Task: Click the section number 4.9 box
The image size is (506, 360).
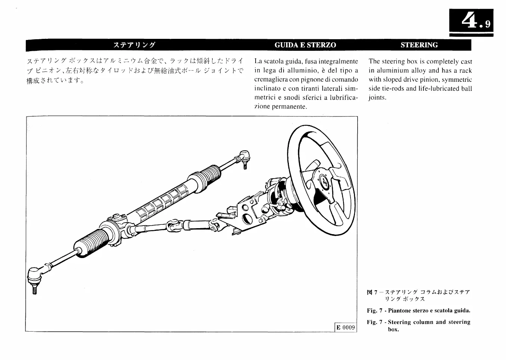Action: (471, 22)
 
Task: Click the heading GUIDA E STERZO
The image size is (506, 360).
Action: (305, 45)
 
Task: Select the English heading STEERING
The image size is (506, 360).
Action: (419, 45)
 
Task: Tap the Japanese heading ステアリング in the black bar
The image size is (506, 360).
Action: (134, 45)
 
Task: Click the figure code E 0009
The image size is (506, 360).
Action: (345, 328)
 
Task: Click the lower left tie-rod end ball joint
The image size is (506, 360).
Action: (34, 276)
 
